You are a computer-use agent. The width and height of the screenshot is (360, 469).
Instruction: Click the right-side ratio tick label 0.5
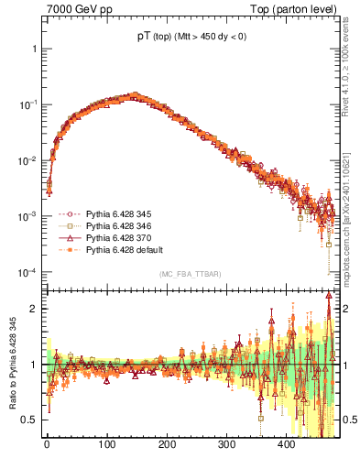(x=349, y=420)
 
